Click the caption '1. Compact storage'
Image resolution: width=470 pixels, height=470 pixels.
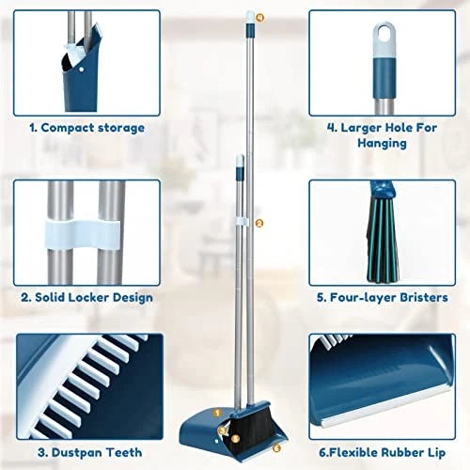[x=86, y=127]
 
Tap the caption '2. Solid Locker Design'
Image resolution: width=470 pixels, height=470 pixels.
[x=86, y=296]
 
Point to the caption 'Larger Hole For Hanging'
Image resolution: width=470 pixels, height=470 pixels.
[x=381, y=135]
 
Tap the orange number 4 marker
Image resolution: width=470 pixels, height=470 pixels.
[x=258, y=17]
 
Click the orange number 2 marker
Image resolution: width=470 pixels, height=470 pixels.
[x=258, y=223]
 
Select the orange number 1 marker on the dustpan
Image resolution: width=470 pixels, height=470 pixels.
[x=216, y=412]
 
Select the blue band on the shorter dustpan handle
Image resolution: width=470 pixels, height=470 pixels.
[x=239, y=173]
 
